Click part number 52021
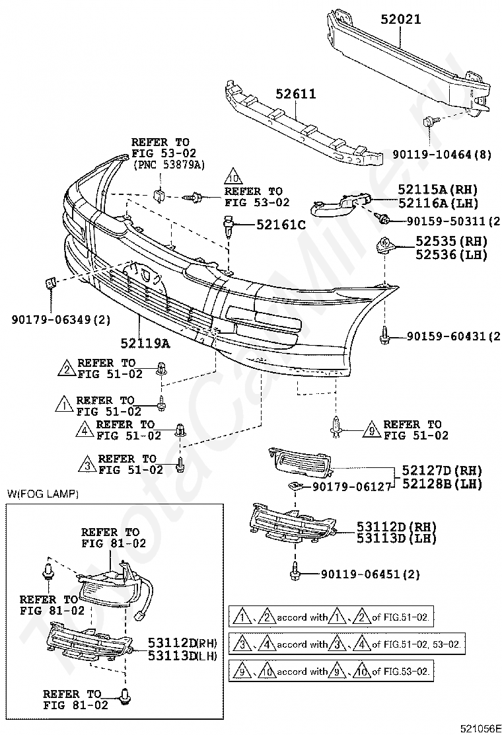pos(400,19)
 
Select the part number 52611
pos(296,94)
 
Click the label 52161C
pos(281,225)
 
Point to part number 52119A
pos(145,342)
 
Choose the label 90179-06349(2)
pos(61,319)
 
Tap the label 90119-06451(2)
pos(371,574)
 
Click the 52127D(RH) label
pos(442,470)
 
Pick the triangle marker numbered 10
pos(233,176)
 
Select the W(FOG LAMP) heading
pos(42,494)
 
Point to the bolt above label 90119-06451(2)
pos(295,571)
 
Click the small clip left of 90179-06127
pos(294,486)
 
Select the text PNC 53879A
pos(170,164)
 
